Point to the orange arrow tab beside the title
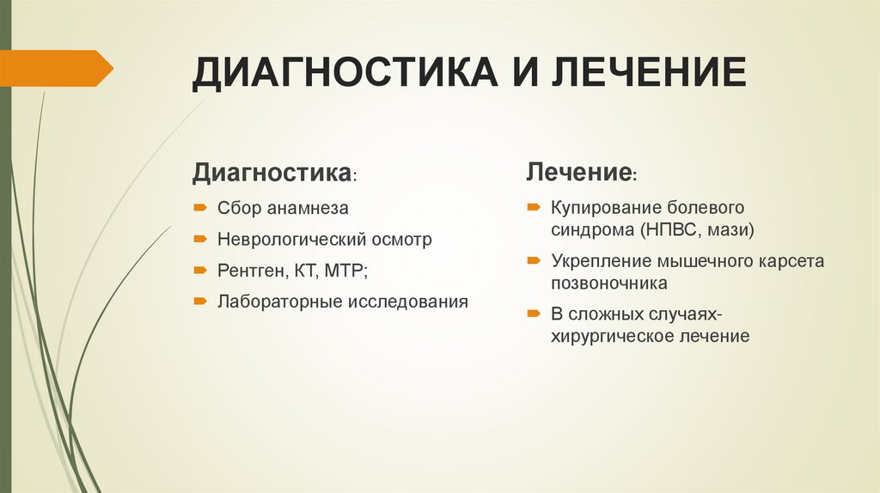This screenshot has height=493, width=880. click(56, 68)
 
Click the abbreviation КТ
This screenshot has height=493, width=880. click(305, 271)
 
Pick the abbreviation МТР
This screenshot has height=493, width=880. click(344, 271)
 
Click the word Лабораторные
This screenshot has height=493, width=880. click(278, 302)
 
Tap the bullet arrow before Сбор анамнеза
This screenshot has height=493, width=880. click(199, 208)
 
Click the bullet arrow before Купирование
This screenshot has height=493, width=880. click(534, 208)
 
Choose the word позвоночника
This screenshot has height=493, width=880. click(609, 283)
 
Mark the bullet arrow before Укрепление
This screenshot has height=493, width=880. click(534, 260)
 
